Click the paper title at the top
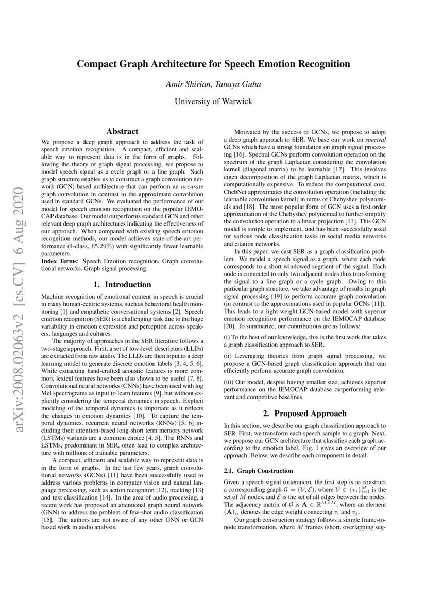(x=213, y=64)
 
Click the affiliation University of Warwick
(x=213, y=101)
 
